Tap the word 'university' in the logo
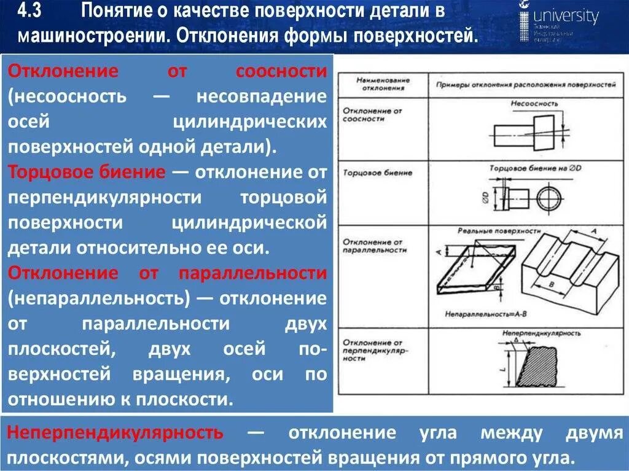point(566,16)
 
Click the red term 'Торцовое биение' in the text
point(86,172)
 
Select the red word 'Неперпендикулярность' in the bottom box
point(115,432)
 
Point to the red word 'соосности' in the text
point(281,71)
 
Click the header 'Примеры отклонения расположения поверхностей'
point(522,84)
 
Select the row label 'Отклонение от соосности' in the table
point(373,114)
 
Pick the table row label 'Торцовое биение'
point(378,173)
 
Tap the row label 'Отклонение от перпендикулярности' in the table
point(373,350)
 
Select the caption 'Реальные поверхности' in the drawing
point(499,231)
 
